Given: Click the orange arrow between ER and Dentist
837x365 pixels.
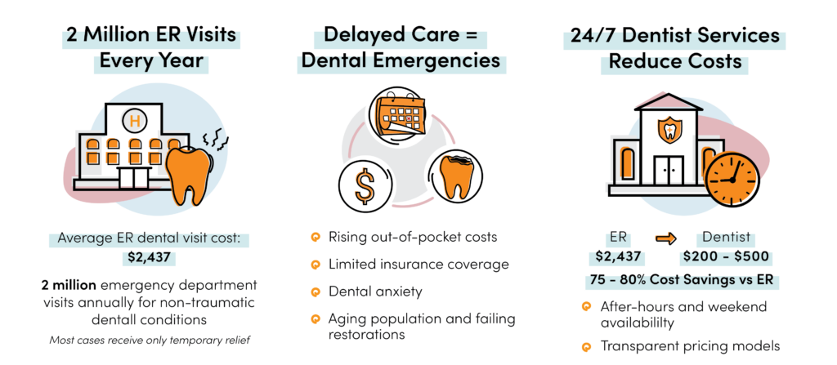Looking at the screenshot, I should click(x=666, y=238).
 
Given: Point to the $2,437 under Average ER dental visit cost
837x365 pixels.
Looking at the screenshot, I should click(x=155, y=259).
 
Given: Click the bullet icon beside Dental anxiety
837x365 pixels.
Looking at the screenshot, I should click(x=316, y=291).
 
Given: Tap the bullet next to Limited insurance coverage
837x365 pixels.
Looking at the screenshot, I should click(x=316, y=265).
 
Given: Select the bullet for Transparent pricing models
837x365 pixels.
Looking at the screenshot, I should click(x=585, y=346).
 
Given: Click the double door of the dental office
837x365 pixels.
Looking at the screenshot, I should click(x=670, y=171).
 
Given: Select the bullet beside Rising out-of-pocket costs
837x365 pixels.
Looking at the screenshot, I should click(x=316, y=238).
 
